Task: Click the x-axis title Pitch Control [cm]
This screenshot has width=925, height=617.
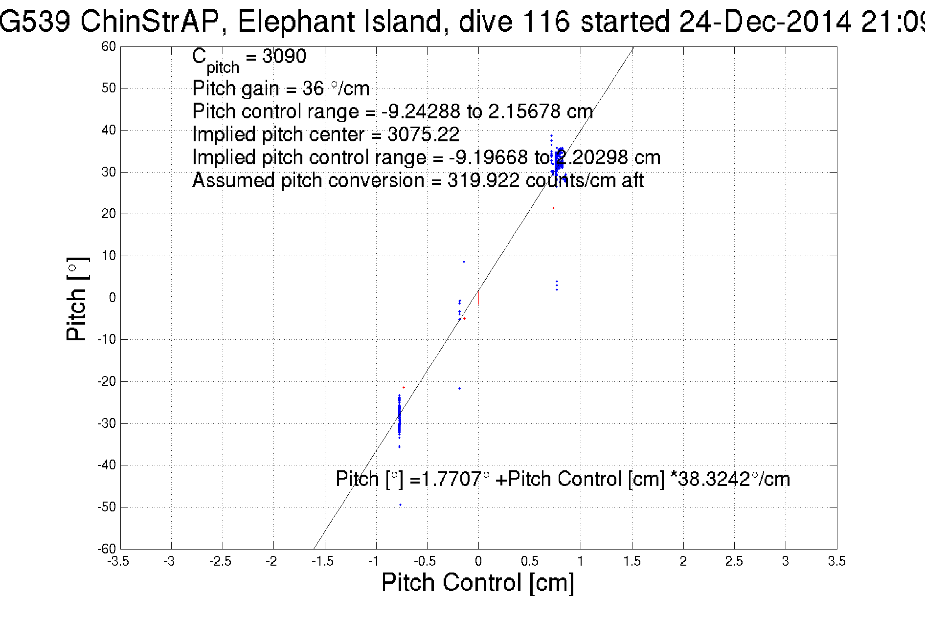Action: [x=477, y=583]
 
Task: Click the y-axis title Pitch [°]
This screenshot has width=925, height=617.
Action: [x=77, y=299]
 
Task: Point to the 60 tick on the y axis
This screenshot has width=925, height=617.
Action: [x=109, y=46]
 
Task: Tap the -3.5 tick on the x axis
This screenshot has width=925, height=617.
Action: [x=118, y=561]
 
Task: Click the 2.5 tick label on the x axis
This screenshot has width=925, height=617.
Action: [x=734, y=561]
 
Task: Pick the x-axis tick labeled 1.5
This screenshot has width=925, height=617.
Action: [x=632, y=561]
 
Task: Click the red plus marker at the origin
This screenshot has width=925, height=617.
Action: [x=478, y=298]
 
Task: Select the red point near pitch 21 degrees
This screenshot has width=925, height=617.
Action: [x=553, y=208]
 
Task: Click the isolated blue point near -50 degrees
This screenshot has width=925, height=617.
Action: [x=400, y=505]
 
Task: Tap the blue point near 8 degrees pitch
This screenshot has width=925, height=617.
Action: [x=464, y=262]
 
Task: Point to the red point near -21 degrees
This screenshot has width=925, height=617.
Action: [x=404, y=387]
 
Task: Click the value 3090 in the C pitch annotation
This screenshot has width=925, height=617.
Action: [x=284, y=57]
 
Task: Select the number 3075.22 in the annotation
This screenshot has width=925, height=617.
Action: [x=423, y=134]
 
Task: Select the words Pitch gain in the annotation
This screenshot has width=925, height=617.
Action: [x=234, y=88]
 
